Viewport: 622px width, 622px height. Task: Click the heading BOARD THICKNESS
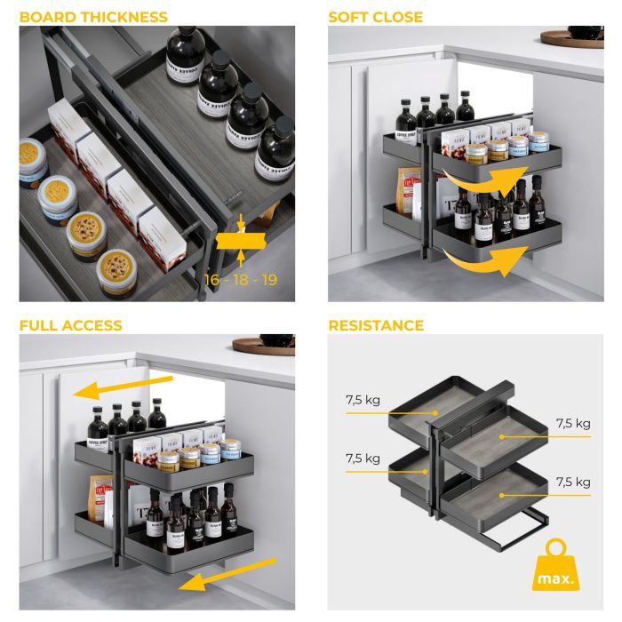pyautogui.click(x=93, y=17)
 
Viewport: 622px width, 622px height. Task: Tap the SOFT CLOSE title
pyautogui.click(x=375, y=17)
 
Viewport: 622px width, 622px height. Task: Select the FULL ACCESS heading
pyautogui.click(x=70, y=325)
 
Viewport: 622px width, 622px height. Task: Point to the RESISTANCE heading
pyautogui.click(x=376, y=325)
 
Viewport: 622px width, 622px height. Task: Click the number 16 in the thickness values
pyautogui.click(x=213, y=280)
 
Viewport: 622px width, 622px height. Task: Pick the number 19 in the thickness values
pyautogui.click(x=267, y=280)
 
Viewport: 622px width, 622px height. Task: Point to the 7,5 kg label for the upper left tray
pyautogui.click(x=363, y=400)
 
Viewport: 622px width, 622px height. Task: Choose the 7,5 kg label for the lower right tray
pyautogui.click(x=571, y=482)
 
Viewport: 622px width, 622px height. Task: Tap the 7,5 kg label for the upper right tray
pyautogui.click(x=571, y=423)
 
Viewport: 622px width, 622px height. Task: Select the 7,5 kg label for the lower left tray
pyautogui.click(x=363, y=459)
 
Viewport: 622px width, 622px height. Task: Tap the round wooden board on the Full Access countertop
pyautogui.click(x=263, y=344)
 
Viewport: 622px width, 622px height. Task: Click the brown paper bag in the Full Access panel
pyautogui.click(x=100, y=495)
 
